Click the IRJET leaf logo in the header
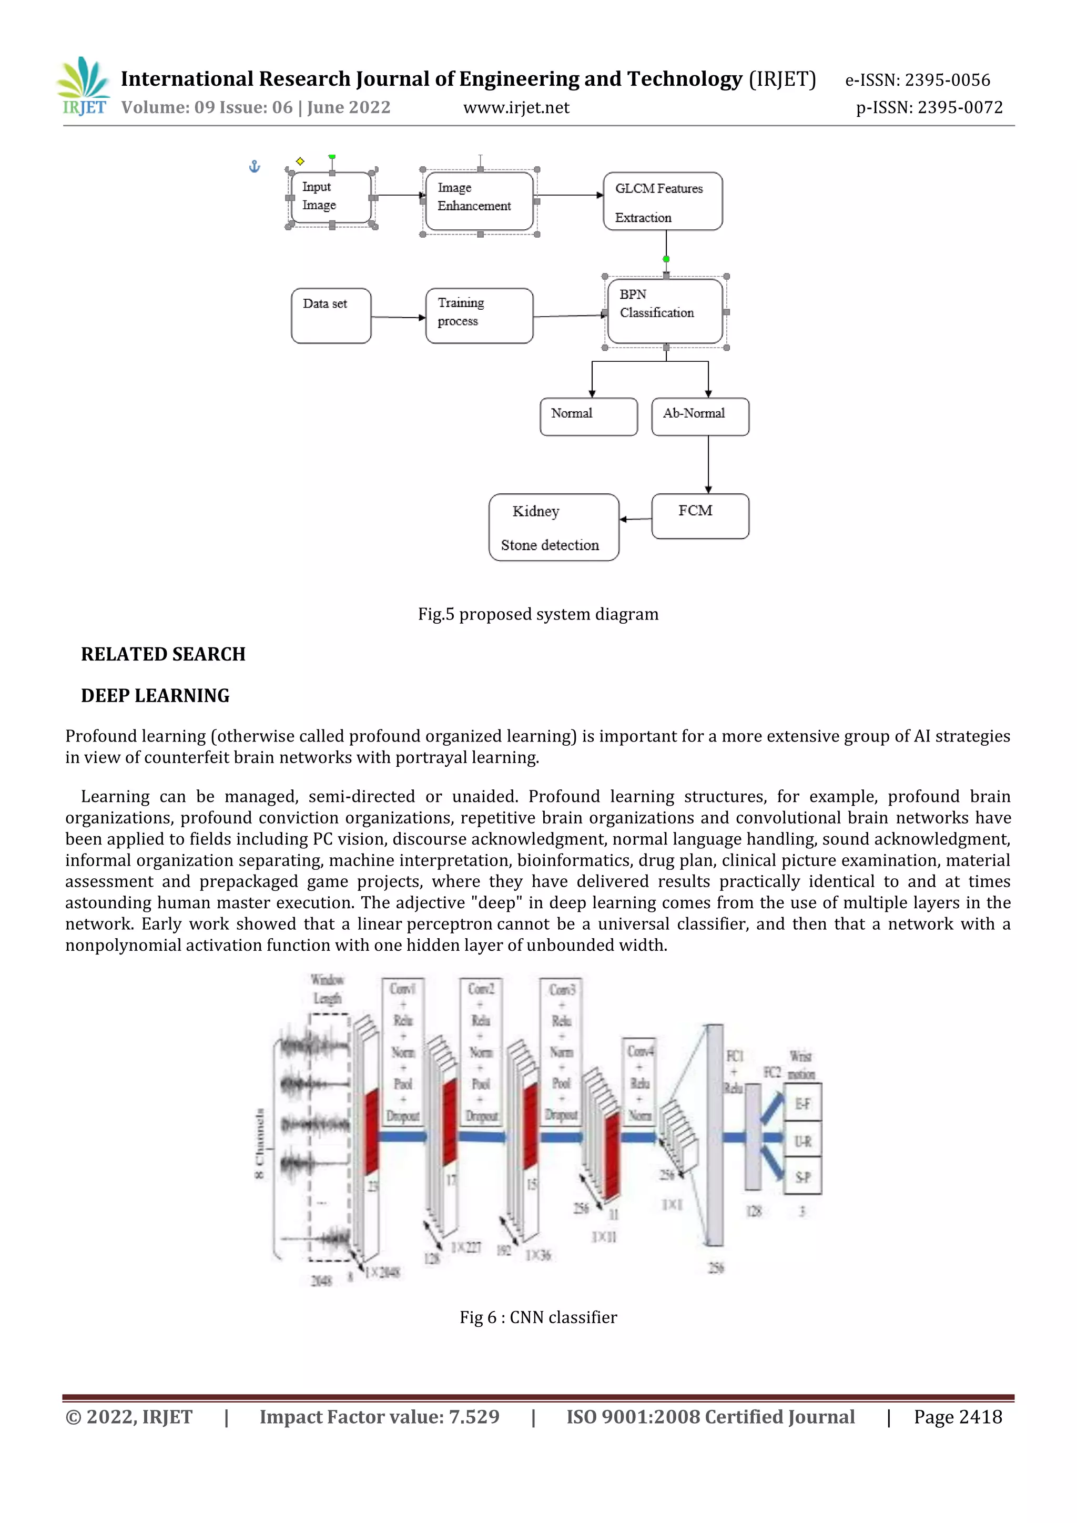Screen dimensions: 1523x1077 (x=84, y=86)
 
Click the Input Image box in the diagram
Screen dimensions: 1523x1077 (x=331, y=198)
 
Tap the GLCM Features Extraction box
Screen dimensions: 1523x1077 (x=662, y=201)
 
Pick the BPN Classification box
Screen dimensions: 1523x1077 (x=665, y=311)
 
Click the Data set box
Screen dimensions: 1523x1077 (x=331, y=316)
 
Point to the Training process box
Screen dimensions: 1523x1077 (x=479, y=316)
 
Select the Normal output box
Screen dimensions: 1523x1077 (x=588, y=417)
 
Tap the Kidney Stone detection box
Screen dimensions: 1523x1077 (x=554, y=527)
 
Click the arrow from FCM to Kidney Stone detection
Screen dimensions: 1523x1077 (x=635, y=520)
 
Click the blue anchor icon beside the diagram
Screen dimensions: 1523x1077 (x=254, y=167)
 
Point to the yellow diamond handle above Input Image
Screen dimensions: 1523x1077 (x=300, y=161)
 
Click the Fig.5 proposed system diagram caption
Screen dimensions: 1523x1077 (x=538, y=614)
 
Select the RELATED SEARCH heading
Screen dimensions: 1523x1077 (x=163, y=655)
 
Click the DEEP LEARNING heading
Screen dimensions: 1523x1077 (x=155, y=696)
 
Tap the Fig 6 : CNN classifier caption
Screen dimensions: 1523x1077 (x=538, y=1317)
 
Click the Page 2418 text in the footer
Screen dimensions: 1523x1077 (x=958, y=1417)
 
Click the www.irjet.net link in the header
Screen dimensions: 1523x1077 (x=516, y=107)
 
